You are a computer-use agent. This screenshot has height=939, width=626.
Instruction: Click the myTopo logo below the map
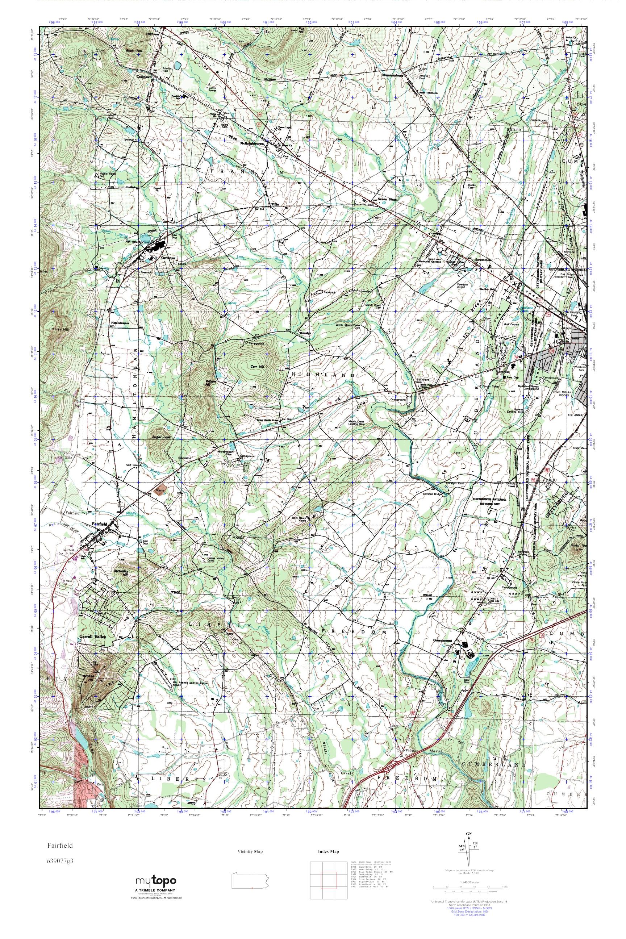pos(156,881)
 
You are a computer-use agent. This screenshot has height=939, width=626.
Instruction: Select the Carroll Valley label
pos(93,637)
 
